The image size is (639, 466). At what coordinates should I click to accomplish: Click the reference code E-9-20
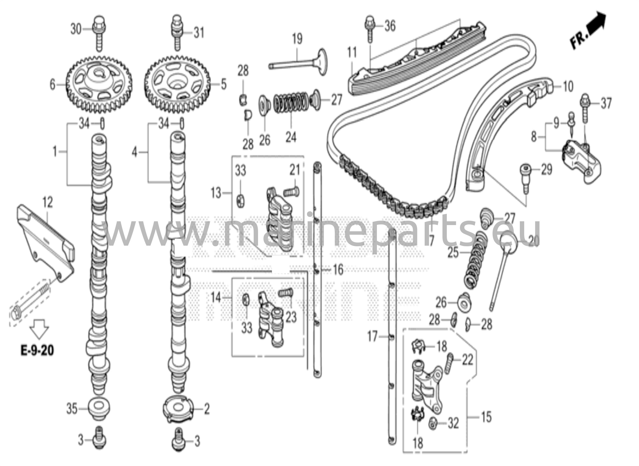click(x=37, y=351)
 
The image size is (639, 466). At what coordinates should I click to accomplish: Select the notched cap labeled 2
click(x=177, y=409)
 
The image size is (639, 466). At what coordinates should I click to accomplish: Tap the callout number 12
click(x=47, y=203)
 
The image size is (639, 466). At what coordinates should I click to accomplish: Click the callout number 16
click(x=338, y=269)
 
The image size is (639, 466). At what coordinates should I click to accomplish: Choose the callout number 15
click(x=486, y=417)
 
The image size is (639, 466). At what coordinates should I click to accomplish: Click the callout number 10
click(x=568, y=86)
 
